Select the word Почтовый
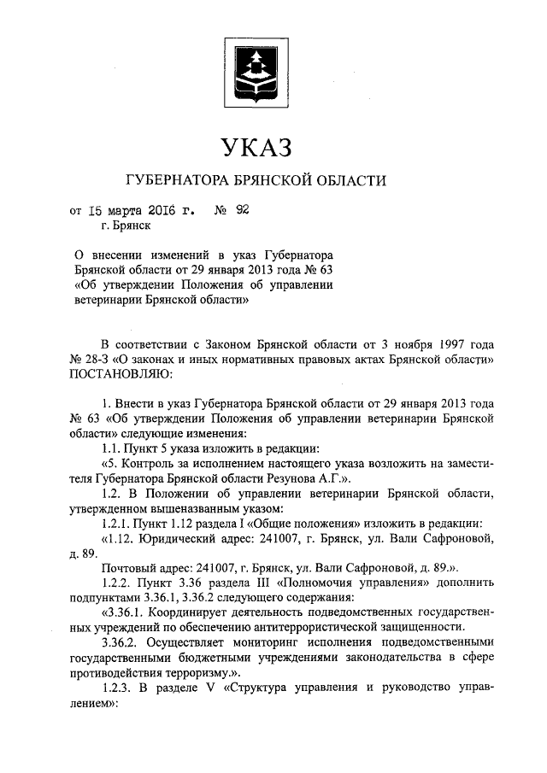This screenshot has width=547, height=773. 130,571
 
